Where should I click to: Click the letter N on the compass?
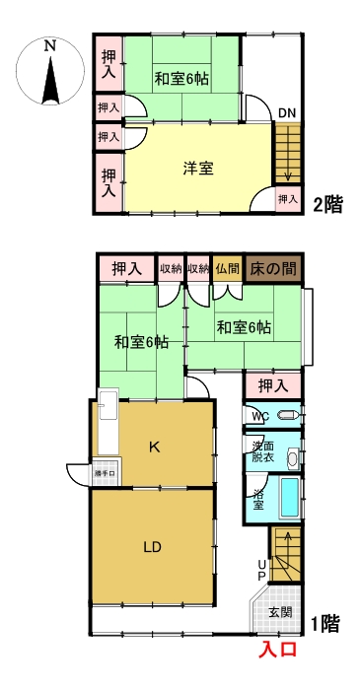(x=49, y=44)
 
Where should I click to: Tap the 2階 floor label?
(x=327, y=205)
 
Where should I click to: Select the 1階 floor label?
(x=327, y=623)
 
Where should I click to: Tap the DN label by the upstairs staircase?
(x=286, y=113)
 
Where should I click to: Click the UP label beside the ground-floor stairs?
(x=261, y=569)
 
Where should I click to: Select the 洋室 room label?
(x=198, y=168)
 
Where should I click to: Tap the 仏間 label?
(x=227, y=268)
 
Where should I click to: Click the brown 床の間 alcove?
(x=274, y=268)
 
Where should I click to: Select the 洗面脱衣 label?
(x=262, y=450)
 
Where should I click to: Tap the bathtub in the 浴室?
(x=289, y=497)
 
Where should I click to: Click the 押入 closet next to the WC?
(x=272, y=384)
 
